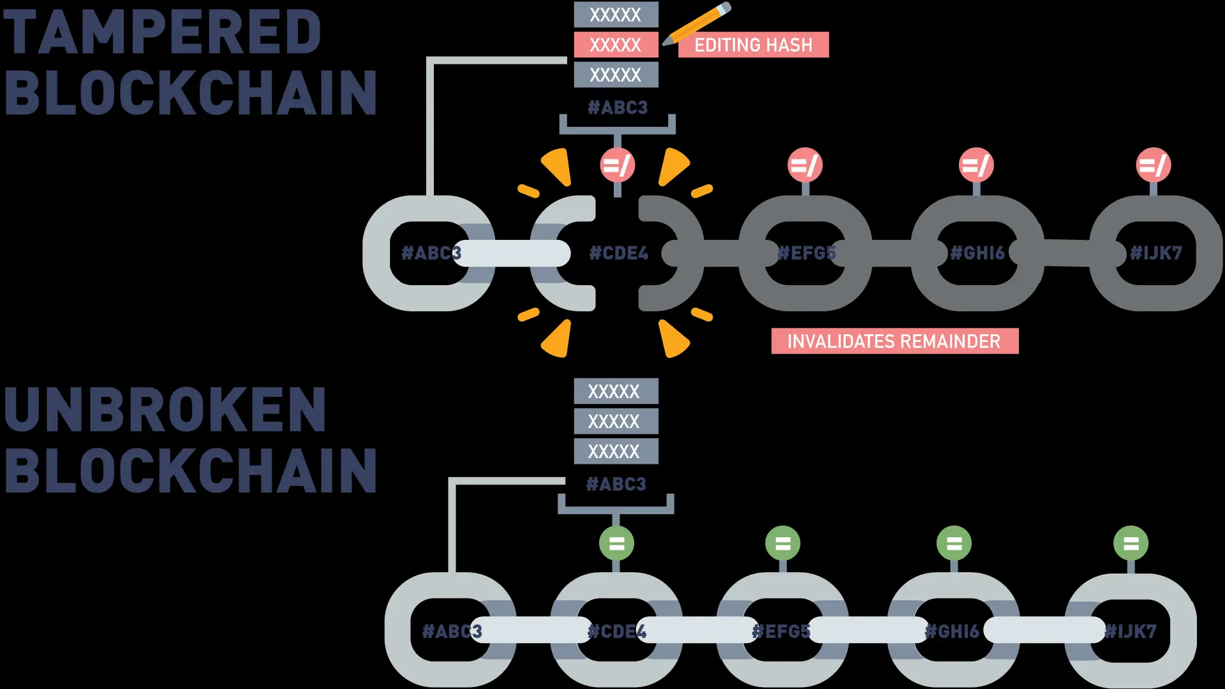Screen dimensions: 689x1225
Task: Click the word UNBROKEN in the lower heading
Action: pos(165,410)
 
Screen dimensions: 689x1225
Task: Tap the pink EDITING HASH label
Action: pos(753,45)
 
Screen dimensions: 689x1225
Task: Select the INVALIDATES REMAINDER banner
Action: pos(894,341)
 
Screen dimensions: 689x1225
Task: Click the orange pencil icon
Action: pos(697,24)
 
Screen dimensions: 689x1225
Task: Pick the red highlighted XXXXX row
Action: pos(616,45)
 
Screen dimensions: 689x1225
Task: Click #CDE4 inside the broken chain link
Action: pos(618,253)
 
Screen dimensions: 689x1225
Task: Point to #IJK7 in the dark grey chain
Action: pos(1155,253)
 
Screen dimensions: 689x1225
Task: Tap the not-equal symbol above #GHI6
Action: pos(976,166)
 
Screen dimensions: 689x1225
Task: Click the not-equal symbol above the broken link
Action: pos(617,166)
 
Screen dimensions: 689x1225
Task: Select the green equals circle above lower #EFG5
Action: pos(783,544)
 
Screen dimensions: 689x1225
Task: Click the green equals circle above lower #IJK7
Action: pos(1131,544)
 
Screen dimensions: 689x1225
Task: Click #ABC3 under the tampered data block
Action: pos(617,107)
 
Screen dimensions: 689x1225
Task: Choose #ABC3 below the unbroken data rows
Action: pos(616,484)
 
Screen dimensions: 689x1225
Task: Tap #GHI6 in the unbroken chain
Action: pos(952,632)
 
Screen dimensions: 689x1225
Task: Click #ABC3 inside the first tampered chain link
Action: pos(431,253)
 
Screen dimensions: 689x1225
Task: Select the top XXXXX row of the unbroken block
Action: pos(615,391)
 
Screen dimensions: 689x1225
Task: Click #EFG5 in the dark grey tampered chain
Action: pos(806,253)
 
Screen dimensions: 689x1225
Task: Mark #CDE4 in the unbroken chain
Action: pos(616,632)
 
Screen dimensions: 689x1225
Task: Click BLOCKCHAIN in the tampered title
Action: pos(190,93)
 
